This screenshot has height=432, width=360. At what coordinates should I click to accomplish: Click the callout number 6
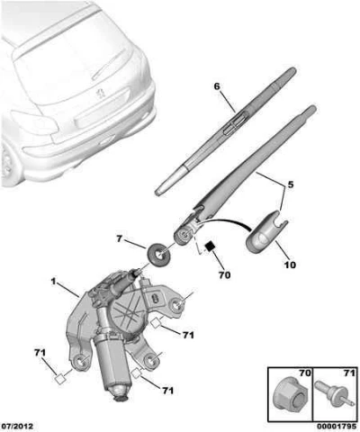[217, 86]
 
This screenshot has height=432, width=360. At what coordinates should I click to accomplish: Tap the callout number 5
[291, 184]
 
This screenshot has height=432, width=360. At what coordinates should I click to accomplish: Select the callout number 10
[290, 265]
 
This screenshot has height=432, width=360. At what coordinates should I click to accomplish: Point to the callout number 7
[120, 239]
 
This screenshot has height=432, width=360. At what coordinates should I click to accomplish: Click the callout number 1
[53, 282]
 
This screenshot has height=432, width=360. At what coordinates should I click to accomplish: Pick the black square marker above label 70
[210, 247]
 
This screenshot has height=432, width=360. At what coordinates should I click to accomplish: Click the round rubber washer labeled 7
[158, 255]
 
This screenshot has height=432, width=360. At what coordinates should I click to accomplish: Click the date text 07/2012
[17, 427]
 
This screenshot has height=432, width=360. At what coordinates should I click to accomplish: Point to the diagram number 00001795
[337, 427]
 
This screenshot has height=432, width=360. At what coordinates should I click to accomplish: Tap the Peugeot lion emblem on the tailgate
[99, 94]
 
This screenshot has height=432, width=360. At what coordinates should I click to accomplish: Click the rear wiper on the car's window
[109, 64]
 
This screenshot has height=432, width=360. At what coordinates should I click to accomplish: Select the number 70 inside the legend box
[304, 373]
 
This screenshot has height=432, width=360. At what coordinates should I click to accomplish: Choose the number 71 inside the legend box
[348, 373]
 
